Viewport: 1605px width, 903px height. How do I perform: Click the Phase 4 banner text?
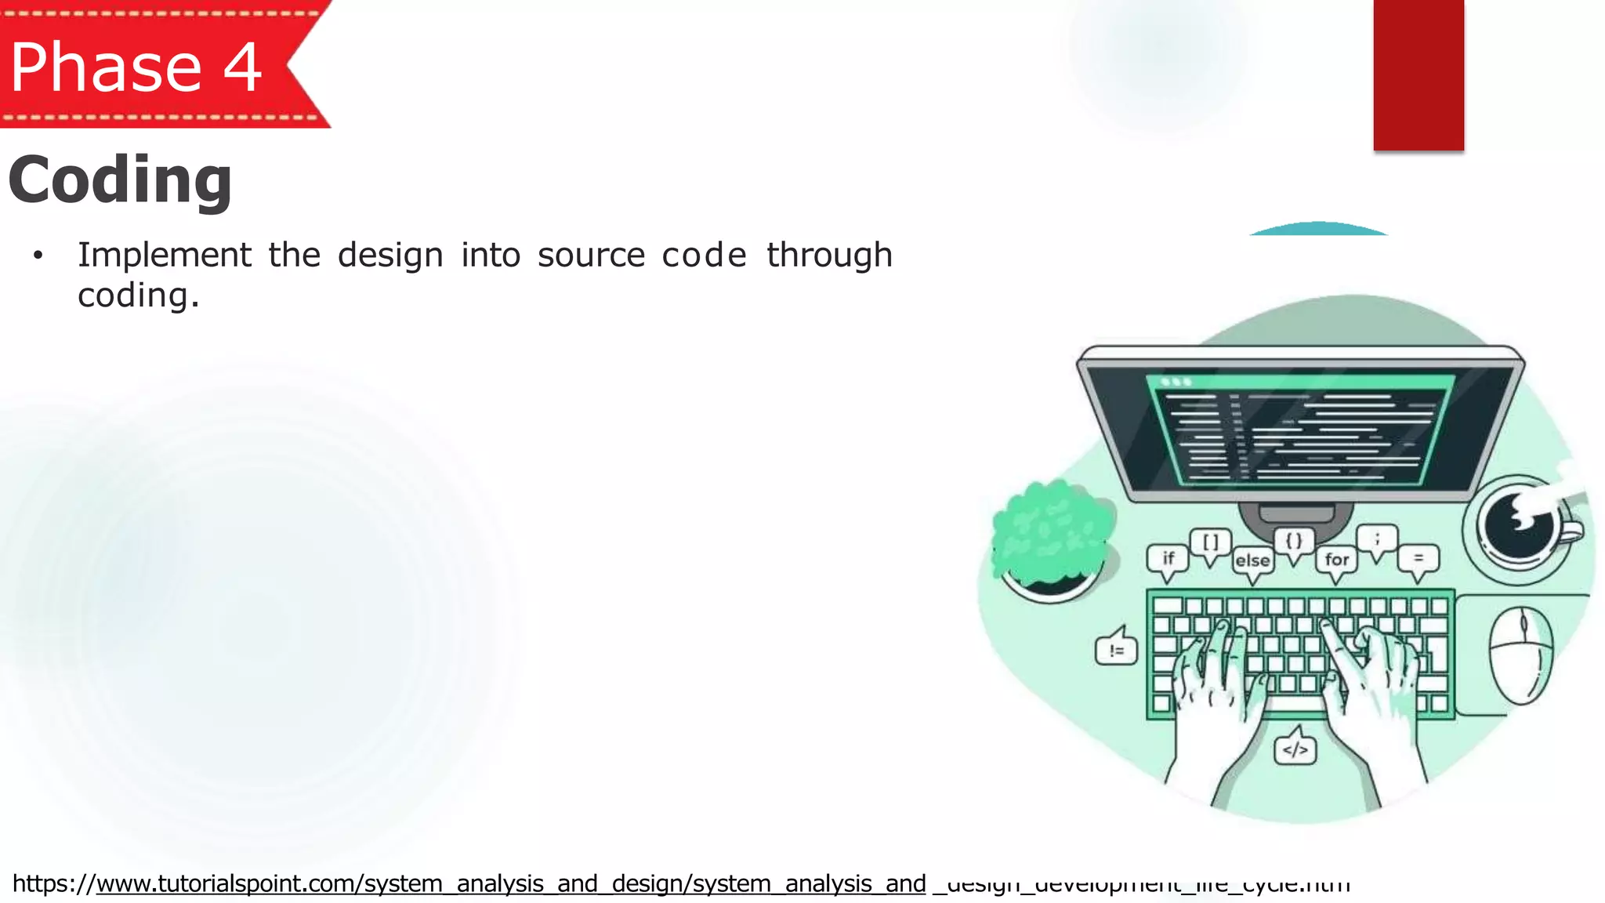point(136,67)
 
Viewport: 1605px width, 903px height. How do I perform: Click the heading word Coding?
point(120,180)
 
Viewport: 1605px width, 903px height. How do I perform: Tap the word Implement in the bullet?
point(165,256)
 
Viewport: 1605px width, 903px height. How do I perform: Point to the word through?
point(829,256)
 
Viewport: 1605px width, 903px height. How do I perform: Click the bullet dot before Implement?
point(38,256)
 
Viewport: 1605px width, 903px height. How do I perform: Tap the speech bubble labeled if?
point(1168,559)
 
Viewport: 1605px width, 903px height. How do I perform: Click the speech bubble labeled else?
point(1252,561)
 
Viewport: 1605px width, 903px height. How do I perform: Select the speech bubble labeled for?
point(1336,560)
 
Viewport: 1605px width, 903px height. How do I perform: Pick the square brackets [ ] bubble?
point(1211,542)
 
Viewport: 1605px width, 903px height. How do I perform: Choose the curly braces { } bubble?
point(1294,541)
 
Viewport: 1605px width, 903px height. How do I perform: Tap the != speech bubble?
point(1117,650)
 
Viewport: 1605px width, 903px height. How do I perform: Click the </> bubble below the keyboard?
point(1295,750)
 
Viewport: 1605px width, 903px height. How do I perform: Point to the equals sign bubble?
point(1418,559)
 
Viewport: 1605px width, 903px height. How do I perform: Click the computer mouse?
point(1520,655)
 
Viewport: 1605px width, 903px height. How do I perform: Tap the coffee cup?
point(1520,527)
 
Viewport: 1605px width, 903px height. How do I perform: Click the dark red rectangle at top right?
point(1418,74)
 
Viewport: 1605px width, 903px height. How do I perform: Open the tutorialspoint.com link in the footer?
point(509,884)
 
